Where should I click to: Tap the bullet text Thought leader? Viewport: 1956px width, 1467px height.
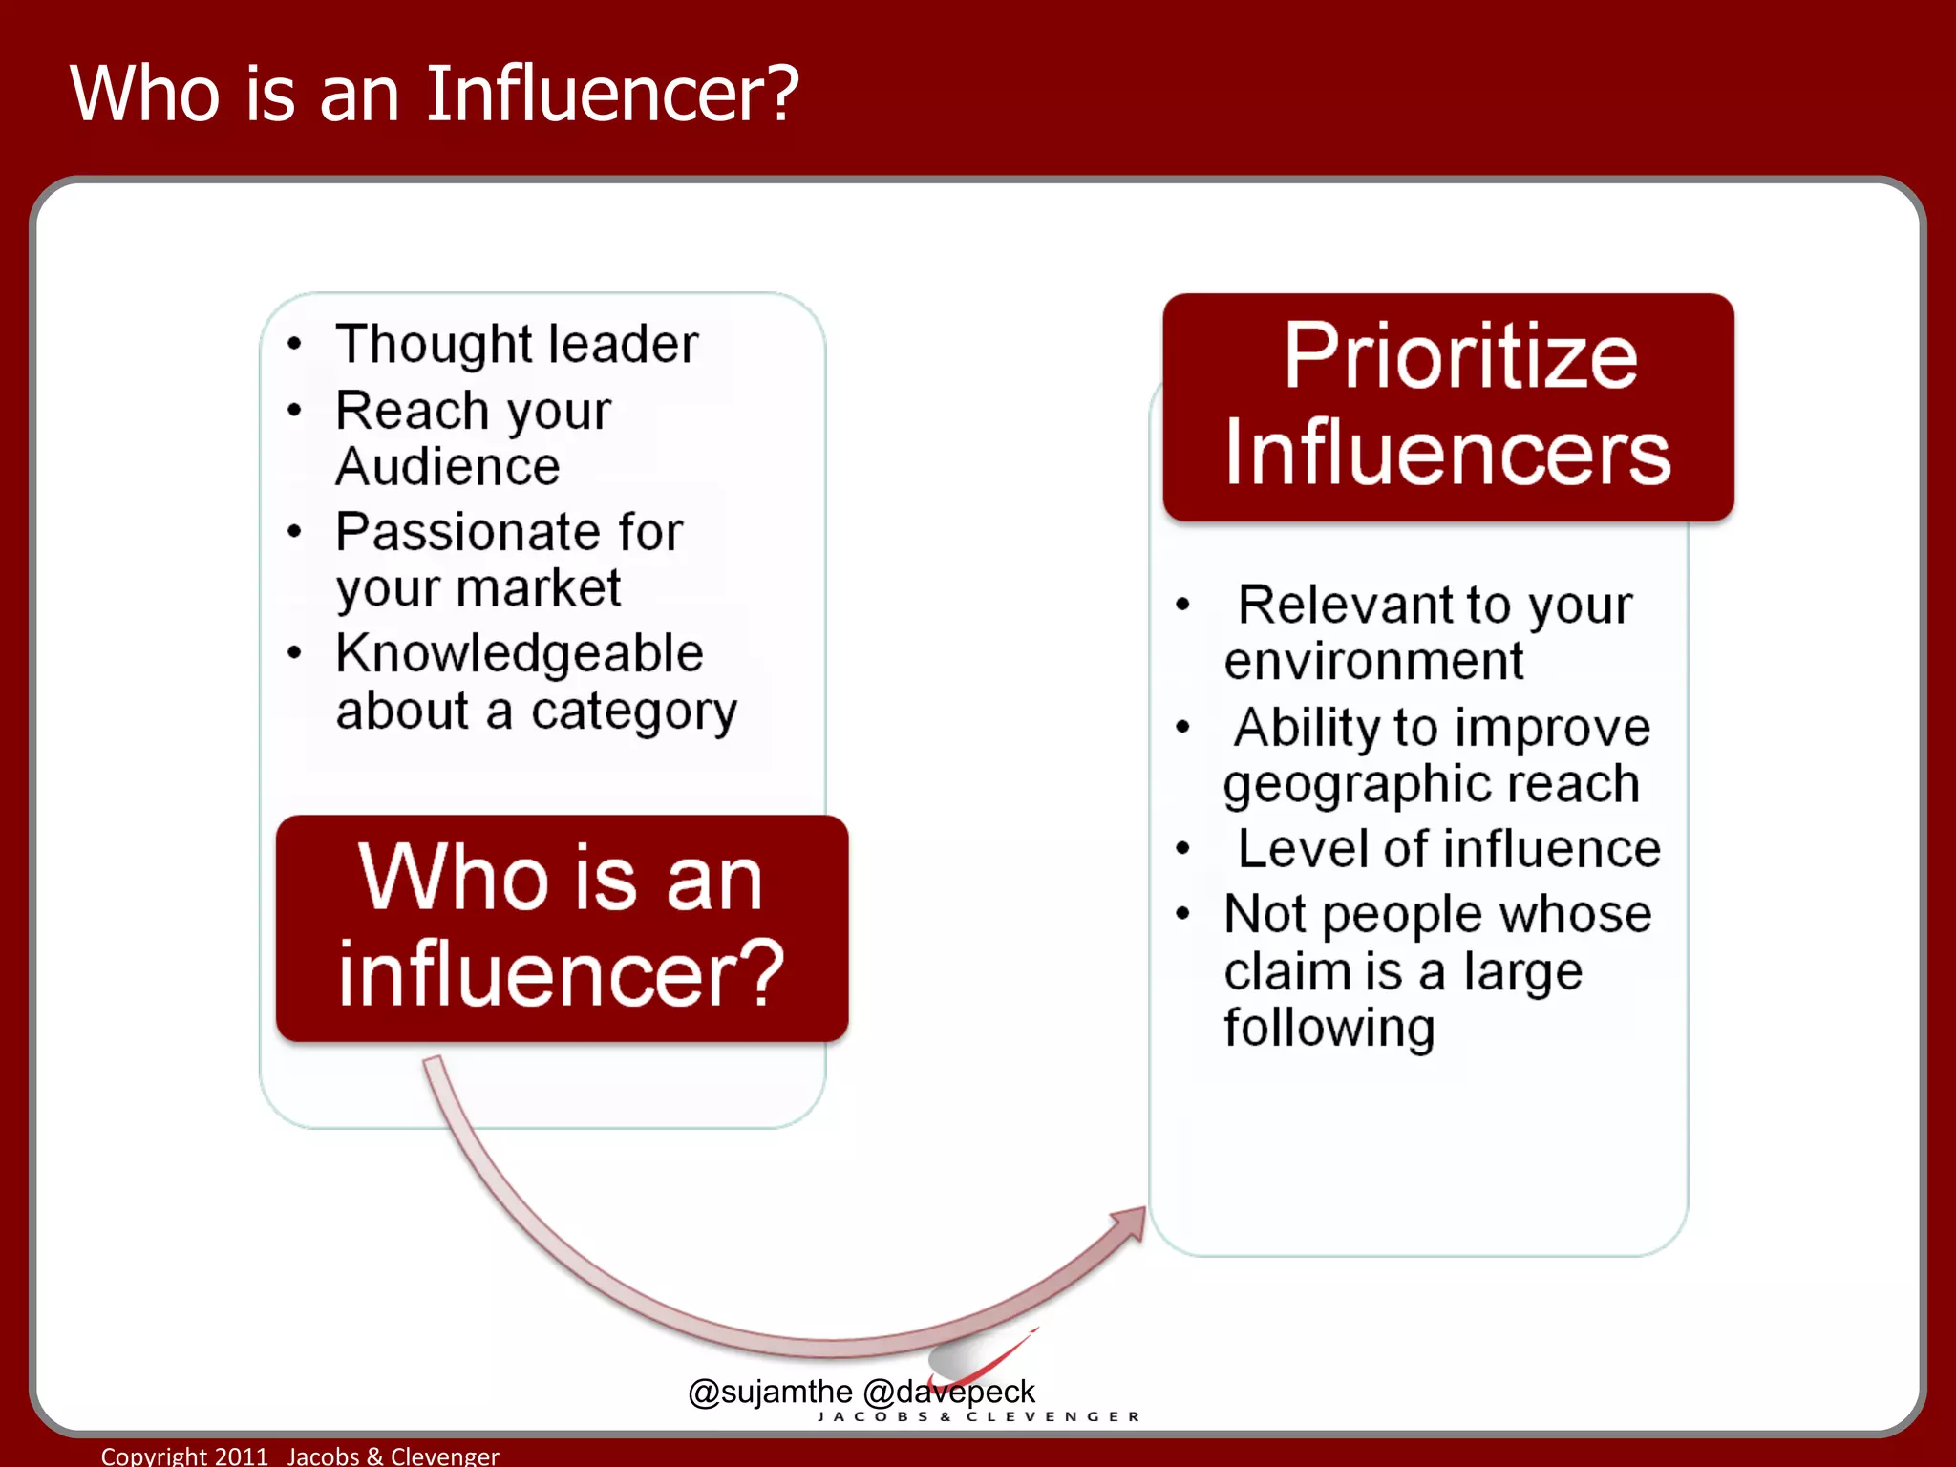click(x=517, y=344)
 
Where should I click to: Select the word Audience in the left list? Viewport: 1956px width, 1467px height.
click(x=447, y=467)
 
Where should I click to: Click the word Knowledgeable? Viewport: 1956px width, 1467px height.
click(x=520, y=654)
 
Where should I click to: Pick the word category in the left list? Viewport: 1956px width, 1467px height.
click(x=634, y=712)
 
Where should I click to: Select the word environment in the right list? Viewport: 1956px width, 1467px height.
click(x=1373, y=661)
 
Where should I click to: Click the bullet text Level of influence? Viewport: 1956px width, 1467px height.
click(x=1448, y=849)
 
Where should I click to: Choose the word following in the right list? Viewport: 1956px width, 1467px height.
click(x=1329, y=1028)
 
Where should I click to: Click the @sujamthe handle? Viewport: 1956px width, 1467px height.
click(x=770, y=1392)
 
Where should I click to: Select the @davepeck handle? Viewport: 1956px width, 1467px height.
click(x=948, y=1392)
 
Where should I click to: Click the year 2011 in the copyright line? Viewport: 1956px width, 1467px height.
click(x=242, y=1456)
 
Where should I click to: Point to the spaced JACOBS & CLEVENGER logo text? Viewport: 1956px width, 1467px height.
click(x=979, y=1416)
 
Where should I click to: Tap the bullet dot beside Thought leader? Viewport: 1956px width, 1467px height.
click(x=294, y=344)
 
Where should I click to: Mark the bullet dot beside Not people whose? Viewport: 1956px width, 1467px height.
click(x=1182, y=914)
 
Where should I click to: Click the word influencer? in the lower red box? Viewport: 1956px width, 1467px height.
click(x=562, y=974)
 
